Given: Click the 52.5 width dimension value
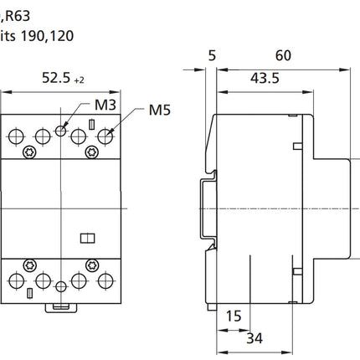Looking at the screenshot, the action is [x=56, y=78].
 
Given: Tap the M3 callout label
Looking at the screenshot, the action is [x=105, y=105].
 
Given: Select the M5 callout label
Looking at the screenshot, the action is [x=160, y=110].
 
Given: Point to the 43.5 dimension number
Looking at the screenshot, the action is [x=265, y=78].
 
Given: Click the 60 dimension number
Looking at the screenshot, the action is [x=283, y=55].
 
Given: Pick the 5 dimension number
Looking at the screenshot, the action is [x=212, y=55].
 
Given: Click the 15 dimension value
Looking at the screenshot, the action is [x=234, y=316].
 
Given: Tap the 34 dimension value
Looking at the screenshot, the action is [x=255, y=338].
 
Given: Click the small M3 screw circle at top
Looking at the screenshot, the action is [x=60, y=131].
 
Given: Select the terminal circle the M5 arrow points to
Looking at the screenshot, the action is [x=105, y=136].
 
